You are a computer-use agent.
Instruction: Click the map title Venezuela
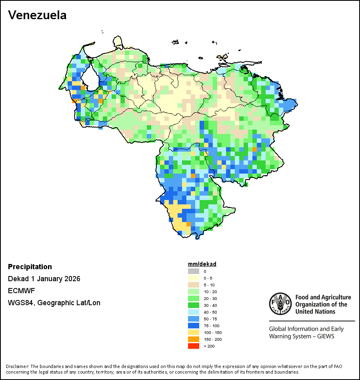37,15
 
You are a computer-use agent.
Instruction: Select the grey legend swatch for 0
193,272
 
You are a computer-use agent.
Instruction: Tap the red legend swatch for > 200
193,346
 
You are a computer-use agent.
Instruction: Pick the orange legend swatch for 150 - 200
193,339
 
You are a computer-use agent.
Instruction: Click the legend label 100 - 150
212,332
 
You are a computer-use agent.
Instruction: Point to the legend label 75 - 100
212,326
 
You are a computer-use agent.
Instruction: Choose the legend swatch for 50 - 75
193,319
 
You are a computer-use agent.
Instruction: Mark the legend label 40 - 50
210,312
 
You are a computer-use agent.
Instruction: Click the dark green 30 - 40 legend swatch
193,305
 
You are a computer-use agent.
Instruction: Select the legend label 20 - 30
210,298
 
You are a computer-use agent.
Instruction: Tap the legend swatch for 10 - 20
193,292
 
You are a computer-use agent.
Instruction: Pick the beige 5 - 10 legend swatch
193,285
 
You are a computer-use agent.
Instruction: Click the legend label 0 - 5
208,278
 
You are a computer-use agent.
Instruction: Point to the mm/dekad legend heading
202,264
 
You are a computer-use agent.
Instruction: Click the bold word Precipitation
30,267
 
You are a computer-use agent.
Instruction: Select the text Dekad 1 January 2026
44,279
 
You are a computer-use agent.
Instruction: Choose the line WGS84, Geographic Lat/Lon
54,303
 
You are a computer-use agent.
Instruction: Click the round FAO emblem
280,304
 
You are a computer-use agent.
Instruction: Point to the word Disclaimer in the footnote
17,366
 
